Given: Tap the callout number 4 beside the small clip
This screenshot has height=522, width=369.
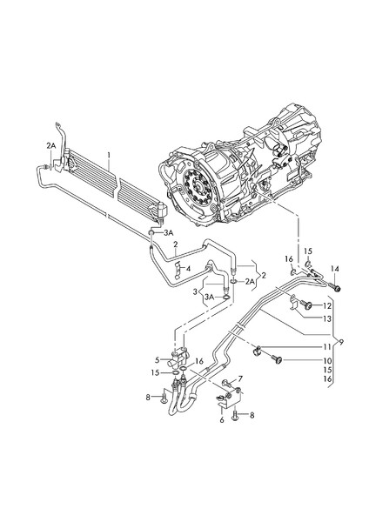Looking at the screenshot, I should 188,268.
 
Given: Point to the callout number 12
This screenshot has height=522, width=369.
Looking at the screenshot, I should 328,306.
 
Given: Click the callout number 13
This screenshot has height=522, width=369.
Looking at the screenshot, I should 328,320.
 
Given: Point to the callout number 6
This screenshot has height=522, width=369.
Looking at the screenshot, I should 222,419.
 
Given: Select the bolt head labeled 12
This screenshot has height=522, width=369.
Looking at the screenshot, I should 307,306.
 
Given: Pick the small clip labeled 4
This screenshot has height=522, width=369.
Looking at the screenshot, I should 176,269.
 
